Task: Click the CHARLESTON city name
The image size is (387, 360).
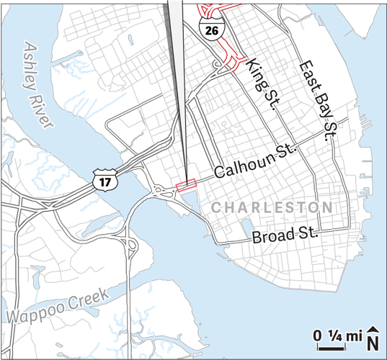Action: (272, 207)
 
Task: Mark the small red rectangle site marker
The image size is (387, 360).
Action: (186, 186)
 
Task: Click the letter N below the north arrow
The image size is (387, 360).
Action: (373, 341)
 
